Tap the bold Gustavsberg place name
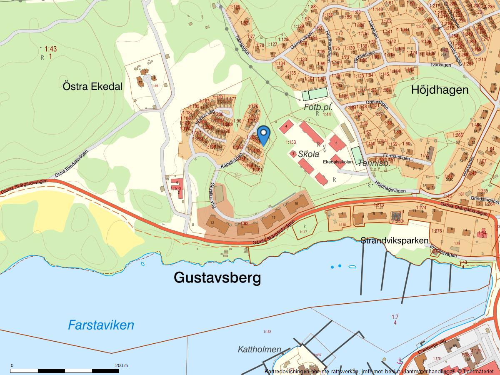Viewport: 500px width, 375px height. pos(217,277)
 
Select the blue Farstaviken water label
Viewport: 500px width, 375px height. pos(101,325)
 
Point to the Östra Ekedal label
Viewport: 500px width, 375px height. pos(92,87)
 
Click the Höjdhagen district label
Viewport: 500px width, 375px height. pos(440,90)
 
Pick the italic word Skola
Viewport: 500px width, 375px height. pos(309,154)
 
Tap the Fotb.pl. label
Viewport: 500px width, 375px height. pos(318,107)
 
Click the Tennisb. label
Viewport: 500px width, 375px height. pos(374,163)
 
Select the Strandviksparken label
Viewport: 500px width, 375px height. pos(394,241)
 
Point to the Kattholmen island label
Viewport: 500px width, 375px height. pos(260,349)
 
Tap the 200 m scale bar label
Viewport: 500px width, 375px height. pos(122,365)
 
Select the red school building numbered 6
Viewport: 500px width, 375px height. pos(337,143)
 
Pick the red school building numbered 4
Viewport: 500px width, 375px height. pos(286,127)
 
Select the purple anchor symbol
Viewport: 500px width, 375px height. pos(400,360)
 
